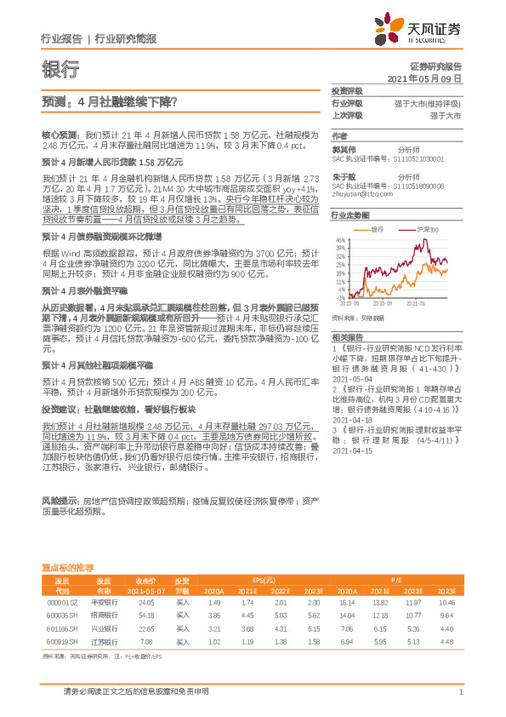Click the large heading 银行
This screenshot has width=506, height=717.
point(60,70)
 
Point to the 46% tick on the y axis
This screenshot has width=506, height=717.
point(340,241)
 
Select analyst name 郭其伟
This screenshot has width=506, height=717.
point(344,146)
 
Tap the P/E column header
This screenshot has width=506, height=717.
point(395,577)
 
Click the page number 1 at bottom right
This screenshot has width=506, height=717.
point(460,692)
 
